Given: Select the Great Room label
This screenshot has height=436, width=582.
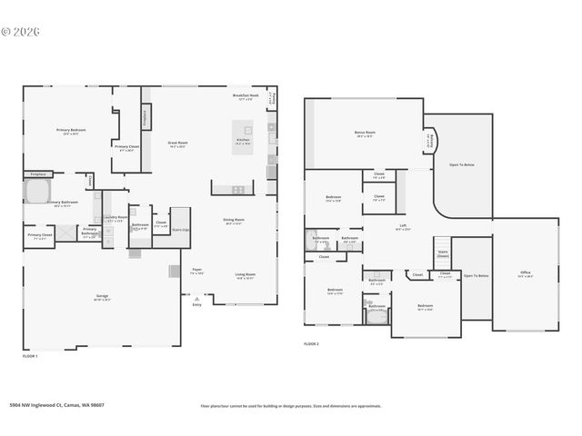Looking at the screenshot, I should [177, 143].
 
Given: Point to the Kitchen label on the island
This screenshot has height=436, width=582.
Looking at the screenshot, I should [243, 143].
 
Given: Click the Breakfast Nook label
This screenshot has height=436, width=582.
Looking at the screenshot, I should [246, 96].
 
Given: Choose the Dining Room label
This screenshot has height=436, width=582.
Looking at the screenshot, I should [234, 220].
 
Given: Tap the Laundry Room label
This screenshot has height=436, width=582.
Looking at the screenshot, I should [115, 218].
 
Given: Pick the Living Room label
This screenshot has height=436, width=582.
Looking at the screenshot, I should [245, 275].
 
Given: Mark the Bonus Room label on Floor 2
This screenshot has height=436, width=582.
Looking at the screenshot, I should [365, 134].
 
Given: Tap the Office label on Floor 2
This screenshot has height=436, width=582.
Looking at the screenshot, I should [525, 272].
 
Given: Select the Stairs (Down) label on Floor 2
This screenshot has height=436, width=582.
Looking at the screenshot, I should [443, 253].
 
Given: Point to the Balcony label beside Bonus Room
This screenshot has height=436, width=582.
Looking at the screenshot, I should [430, 139].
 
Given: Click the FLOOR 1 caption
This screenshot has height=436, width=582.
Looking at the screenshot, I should [30, 357].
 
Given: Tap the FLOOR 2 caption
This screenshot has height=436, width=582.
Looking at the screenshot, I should [311, 344].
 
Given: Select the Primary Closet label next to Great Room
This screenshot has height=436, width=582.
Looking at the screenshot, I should [126, 148].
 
